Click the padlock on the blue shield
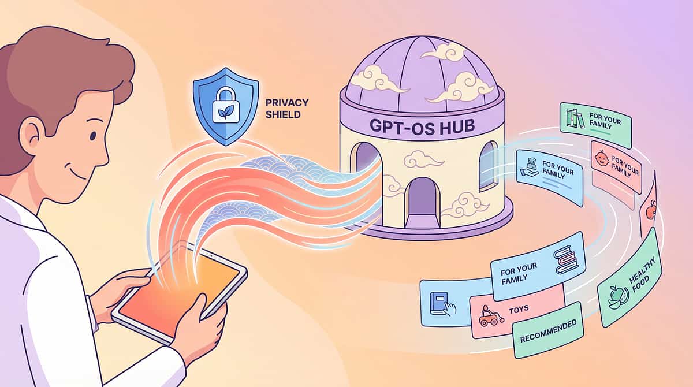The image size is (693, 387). point(226,106)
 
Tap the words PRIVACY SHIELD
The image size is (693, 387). point(287,109)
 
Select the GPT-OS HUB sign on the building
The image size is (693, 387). point(422,126)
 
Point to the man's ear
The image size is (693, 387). point(34,136)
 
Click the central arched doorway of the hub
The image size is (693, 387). point(422,201)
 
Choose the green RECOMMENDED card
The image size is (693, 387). point(548,330)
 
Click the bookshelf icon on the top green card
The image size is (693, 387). point(575,118)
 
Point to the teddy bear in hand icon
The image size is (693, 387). point(530,167)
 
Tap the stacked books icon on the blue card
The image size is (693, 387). point(566,259)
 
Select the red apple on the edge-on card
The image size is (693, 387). point(651,210)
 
